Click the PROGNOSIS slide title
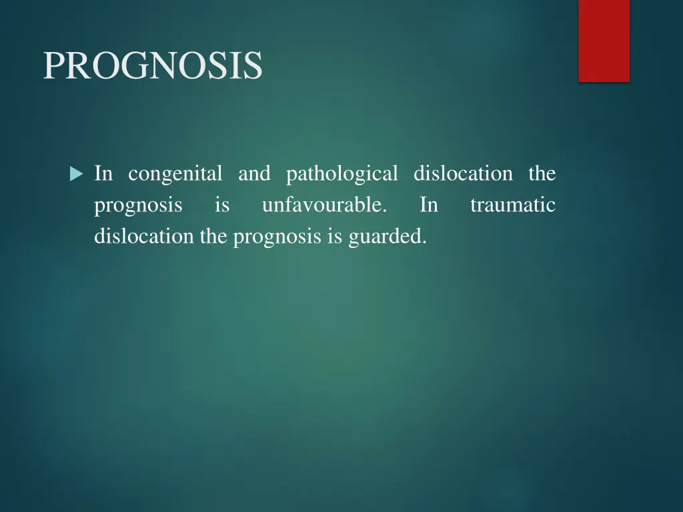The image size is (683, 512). pos(153,65)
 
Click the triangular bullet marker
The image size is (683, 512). pos(76,175)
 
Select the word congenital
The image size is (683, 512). pos(175,175)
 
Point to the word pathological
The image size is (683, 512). pos(341,175)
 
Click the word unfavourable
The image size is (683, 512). pos(324,206)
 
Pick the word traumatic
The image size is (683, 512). pos(512,205)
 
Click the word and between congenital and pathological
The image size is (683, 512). pos(254,175)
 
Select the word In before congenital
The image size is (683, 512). pos(103,174)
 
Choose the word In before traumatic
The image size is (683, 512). pos(429,205)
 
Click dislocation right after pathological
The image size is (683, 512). pos(463,174)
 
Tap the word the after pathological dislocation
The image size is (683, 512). pos(542,174)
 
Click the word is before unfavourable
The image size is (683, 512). pos(222,205)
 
